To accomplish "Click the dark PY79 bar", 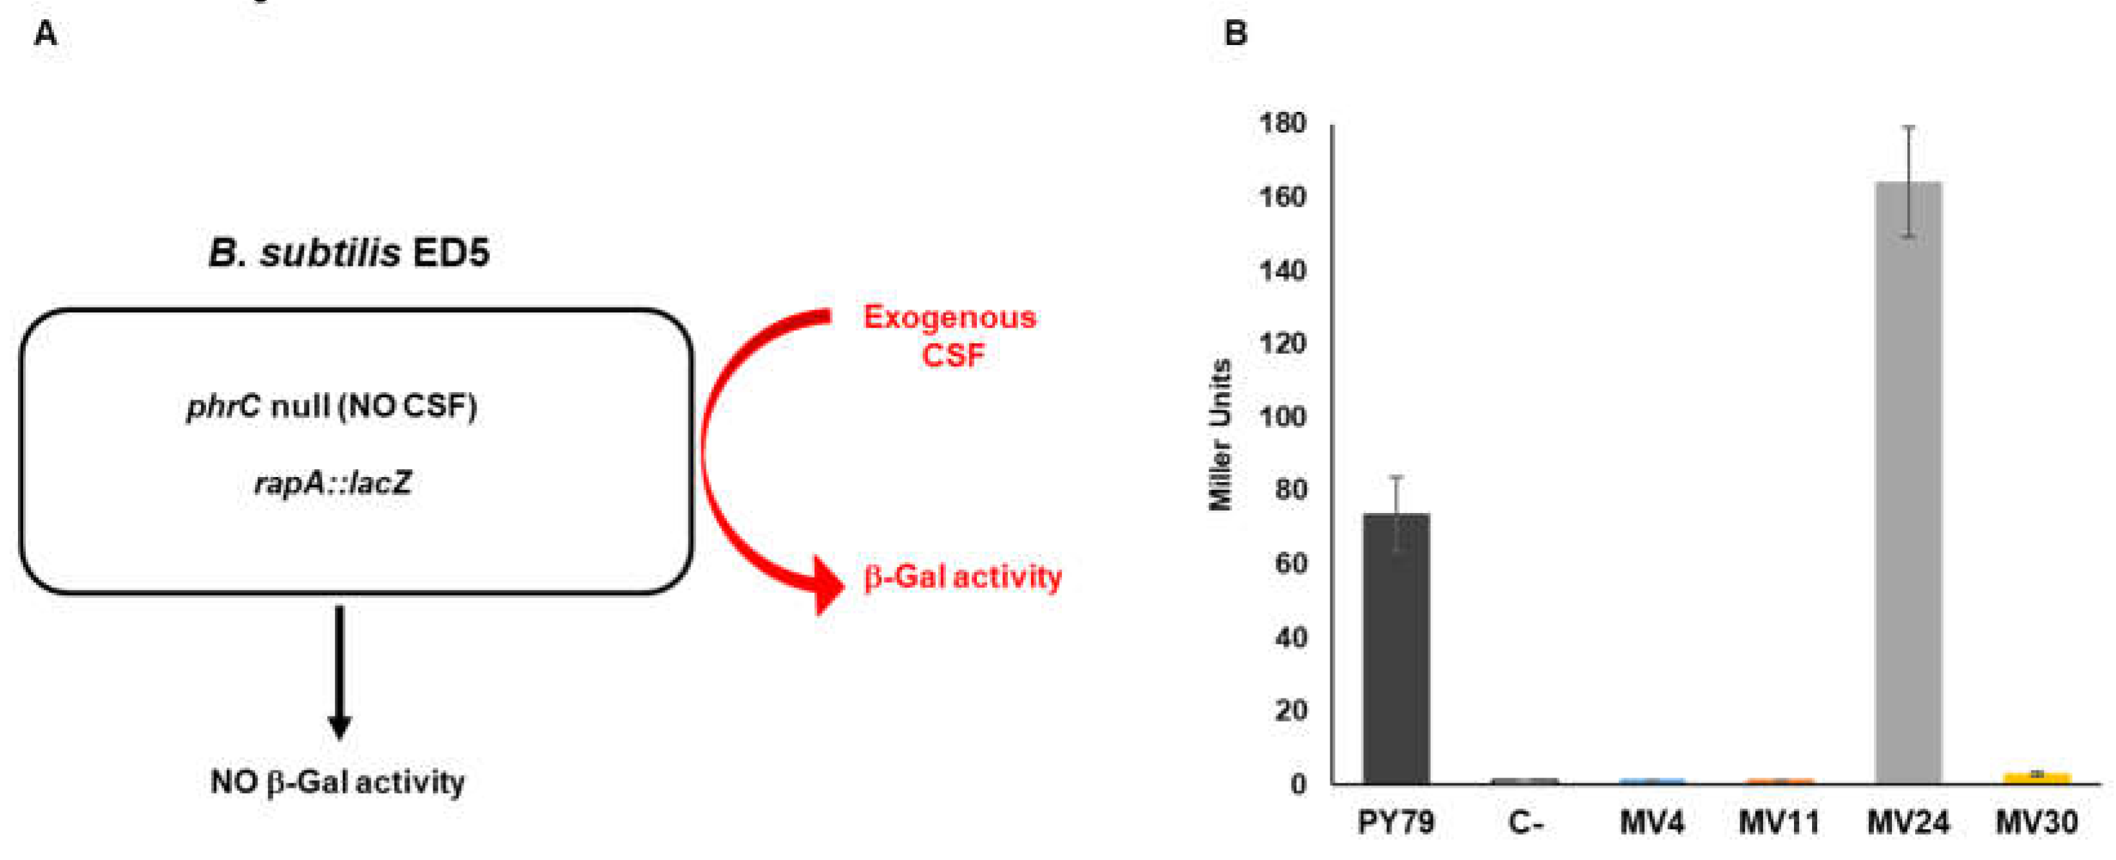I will pos(1395,649).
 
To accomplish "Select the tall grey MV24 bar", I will pos(1907,485).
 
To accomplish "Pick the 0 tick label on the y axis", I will pos(1298,785).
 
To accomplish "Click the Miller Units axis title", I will pos(1221,435).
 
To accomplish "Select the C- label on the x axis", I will pos(1525,822).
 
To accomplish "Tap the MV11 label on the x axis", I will pos(1779,822).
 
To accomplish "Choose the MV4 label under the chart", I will pos(1652,822).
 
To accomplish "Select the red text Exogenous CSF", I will pos(950,336).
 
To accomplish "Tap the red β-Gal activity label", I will pos(962,577).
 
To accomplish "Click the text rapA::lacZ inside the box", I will pos(333,483).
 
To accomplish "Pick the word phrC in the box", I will pos(223,406).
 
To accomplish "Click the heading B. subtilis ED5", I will pos(348,252).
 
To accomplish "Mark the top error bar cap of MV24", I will pos(1908,127).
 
